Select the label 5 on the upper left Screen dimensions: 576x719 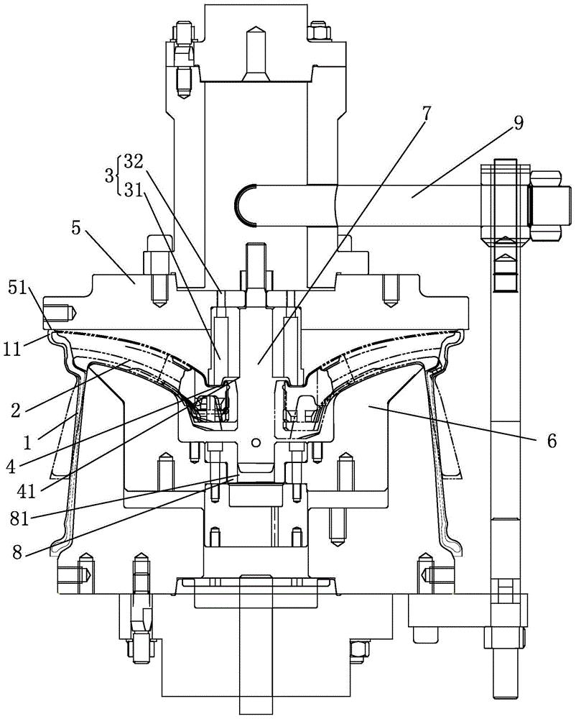77,229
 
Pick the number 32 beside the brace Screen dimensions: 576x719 132,162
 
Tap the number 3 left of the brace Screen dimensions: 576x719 109,175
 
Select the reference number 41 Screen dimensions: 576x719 27,492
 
